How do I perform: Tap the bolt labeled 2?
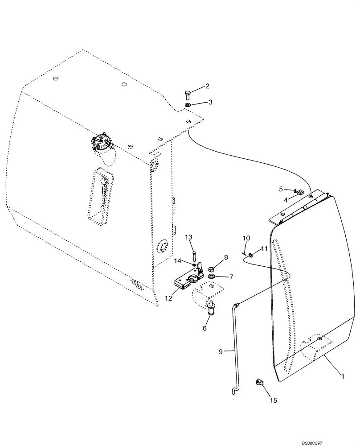187,95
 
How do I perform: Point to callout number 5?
281,189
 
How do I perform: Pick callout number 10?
246,238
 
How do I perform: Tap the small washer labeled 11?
252,255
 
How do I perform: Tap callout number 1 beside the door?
343,376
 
